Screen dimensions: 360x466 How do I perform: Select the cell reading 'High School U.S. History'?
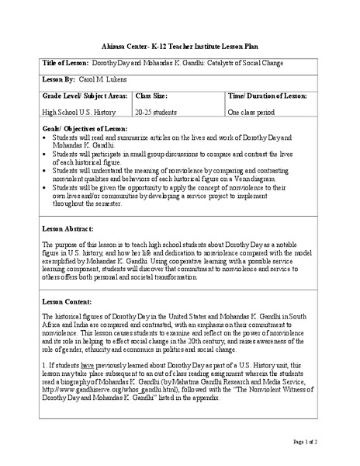78,113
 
